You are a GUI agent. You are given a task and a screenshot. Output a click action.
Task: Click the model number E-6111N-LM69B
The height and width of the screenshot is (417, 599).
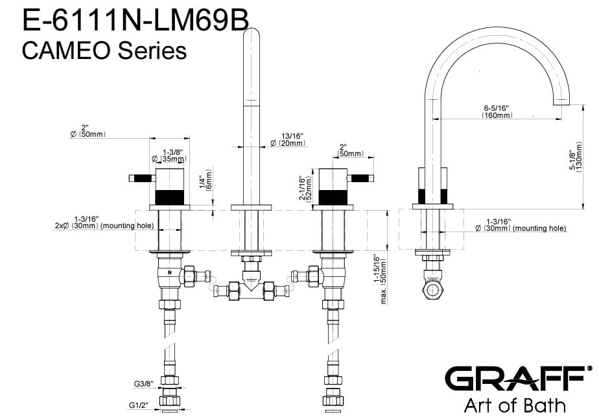click(x=135, y=20)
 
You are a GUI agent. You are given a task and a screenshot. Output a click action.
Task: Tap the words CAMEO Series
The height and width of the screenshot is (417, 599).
click(x=104, y=51)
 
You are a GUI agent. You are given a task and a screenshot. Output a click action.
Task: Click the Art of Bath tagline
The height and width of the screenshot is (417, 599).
click(x=515, y=405)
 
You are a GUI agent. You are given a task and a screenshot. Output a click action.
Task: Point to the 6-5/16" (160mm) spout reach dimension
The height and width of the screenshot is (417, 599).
click(x=497, y=112)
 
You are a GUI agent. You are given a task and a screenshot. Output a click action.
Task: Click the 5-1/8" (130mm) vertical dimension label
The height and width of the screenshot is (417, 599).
click(x=576, y=158)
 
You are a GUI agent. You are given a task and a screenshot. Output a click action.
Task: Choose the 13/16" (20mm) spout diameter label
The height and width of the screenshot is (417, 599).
click(x=288, y=140)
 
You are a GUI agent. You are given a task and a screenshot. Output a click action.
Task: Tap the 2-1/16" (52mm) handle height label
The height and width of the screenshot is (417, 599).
click(x=306, y=189)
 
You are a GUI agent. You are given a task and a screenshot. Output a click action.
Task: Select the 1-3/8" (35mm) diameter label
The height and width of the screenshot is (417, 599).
click(x=169, y=156)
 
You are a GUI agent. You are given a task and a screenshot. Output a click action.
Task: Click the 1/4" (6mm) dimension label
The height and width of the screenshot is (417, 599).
click(x=206, y=180)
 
